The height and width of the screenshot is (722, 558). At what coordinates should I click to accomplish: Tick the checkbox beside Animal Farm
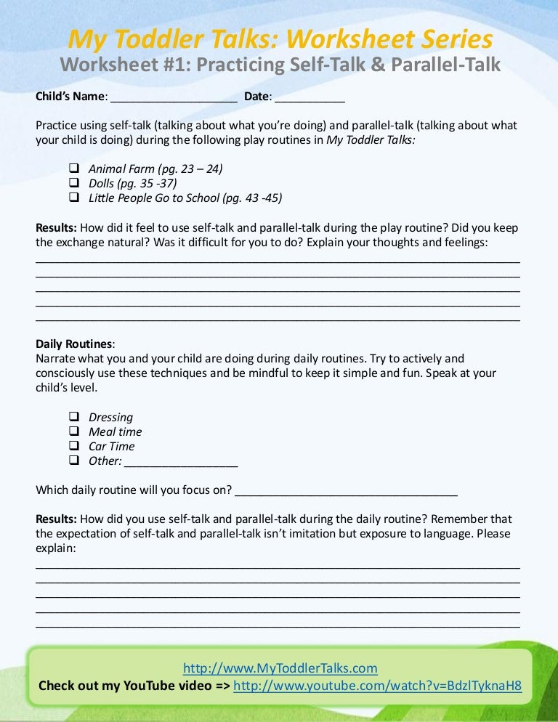(x=74, y=169)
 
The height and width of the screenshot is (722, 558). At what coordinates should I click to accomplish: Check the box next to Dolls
(x=74, y=183)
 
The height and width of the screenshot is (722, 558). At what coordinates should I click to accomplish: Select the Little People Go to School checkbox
(x=74, y=197)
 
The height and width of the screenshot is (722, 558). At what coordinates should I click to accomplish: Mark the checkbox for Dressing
(x=74, y=417)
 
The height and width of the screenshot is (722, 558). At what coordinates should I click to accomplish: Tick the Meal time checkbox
(x=74, y=431)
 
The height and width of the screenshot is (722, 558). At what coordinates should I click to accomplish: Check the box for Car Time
(x=74, y=445)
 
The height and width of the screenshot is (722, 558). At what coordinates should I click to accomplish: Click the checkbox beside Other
(x=74, y=460)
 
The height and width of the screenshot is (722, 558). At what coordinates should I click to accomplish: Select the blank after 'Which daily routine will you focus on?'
(x=347, y=492)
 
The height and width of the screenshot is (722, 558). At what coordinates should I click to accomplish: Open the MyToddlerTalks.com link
(x=280, y=668)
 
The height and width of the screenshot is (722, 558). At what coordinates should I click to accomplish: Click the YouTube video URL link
(x=377, y=686)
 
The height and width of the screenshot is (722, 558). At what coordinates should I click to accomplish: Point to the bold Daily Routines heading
(x=74, y=344)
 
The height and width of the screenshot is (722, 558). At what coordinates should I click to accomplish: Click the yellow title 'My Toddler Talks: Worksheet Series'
(x=280, y=38)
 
